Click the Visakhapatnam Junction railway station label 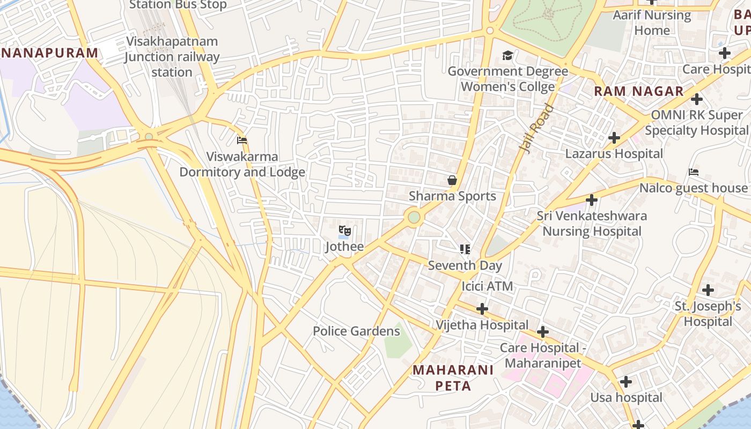coord(172,56)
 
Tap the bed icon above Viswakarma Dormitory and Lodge coord(242,140)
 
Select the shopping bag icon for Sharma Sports coord(452,180)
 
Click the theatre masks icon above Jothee coord(345,231)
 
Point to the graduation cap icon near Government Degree coord(507,55)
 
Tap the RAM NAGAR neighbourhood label coord(638,91)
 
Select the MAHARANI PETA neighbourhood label coord(453,378)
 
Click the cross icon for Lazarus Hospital coord(614,138)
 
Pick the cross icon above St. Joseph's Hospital coord(708,290)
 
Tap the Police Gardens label coord(356,331)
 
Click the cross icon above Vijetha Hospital coord(482,309)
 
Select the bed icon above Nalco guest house coord(694,172)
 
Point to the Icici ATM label coord(487,286)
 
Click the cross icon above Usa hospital coord(625,382)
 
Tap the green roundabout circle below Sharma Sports coord(414,217)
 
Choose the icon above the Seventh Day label coord(465,249)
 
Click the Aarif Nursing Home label coord(652,23)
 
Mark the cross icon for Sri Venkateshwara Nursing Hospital coord(592,200)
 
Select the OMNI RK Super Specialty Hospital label coord(696,122)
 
